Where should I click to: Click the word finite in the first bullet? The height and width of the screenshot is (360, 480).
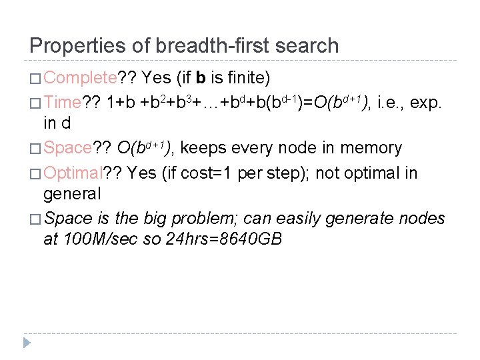248,78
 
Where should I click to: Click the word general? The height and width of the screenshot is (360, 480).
72,194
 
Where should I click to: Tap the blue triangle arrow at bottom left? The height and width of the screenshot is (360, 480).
27,343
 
